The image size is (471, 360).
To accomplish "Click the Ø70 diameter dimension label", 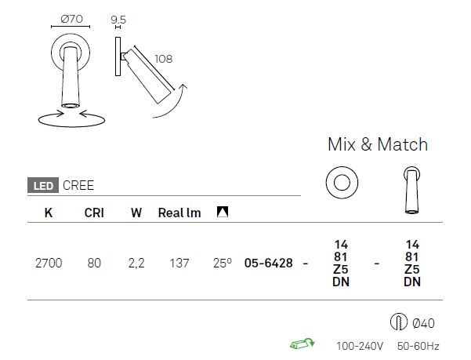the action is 71,19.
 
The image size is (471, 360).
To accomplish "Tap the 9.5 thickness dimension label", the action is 118,20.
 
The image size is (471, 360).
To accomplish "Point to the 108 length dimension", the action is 164,59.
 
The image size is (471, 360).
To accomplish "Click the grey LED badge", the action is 43,185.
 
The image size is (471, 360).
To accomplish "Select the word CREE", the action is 78,185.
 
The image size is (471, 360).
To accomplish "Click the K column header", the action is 49,213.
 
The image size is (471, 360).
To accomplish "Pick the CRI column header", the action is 94,213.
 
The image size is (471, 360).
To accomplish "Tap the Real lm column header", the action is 179,213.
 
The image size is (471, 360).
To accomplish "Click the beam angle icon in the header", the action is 223,212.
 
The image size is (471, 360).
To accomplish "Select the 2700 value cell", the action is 49,264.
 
